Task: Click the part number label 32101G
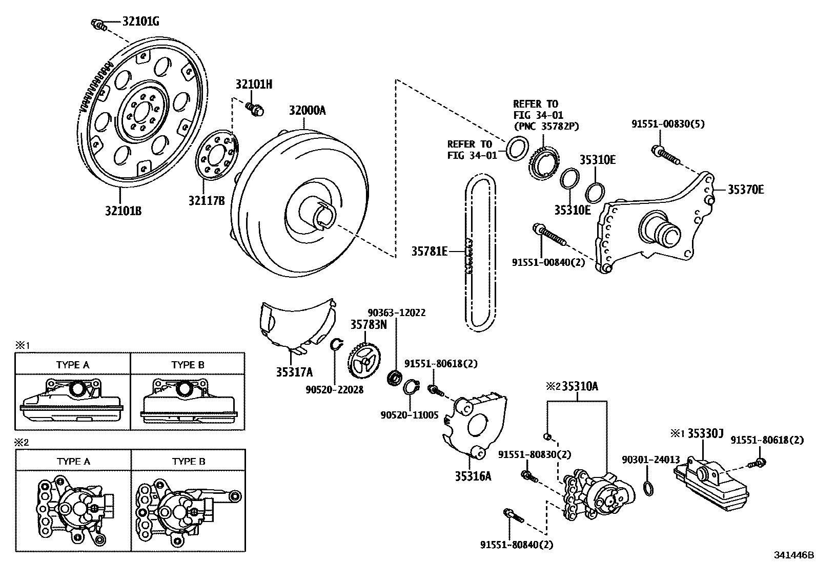pyautogui.click(x=140, y=22)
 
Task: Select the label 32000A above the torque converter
pyautogui.click(x=307, y=111)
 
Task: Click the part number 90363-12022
pyautogui.click(x=396, y=312)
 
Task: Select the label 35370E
pyautogui.click(x=746, y=190)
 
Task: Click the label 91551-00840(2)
pyautogui.click(x=548, y=262)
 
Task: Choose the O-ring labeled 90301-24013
pyautogui.click(x=648, y=488)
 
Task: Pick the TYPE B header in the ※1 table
pyautogui.click(x=188, y=365)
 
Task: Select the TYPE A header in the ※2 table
pyautogui.click(x=73, y=461)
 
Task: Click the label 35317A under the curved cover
pyautogui.click(x=294, y=372)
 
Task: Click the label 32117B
pyautogui.click(x=207, y=201)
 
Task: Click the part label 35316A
pyautogui.click(x=473, y=476)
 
